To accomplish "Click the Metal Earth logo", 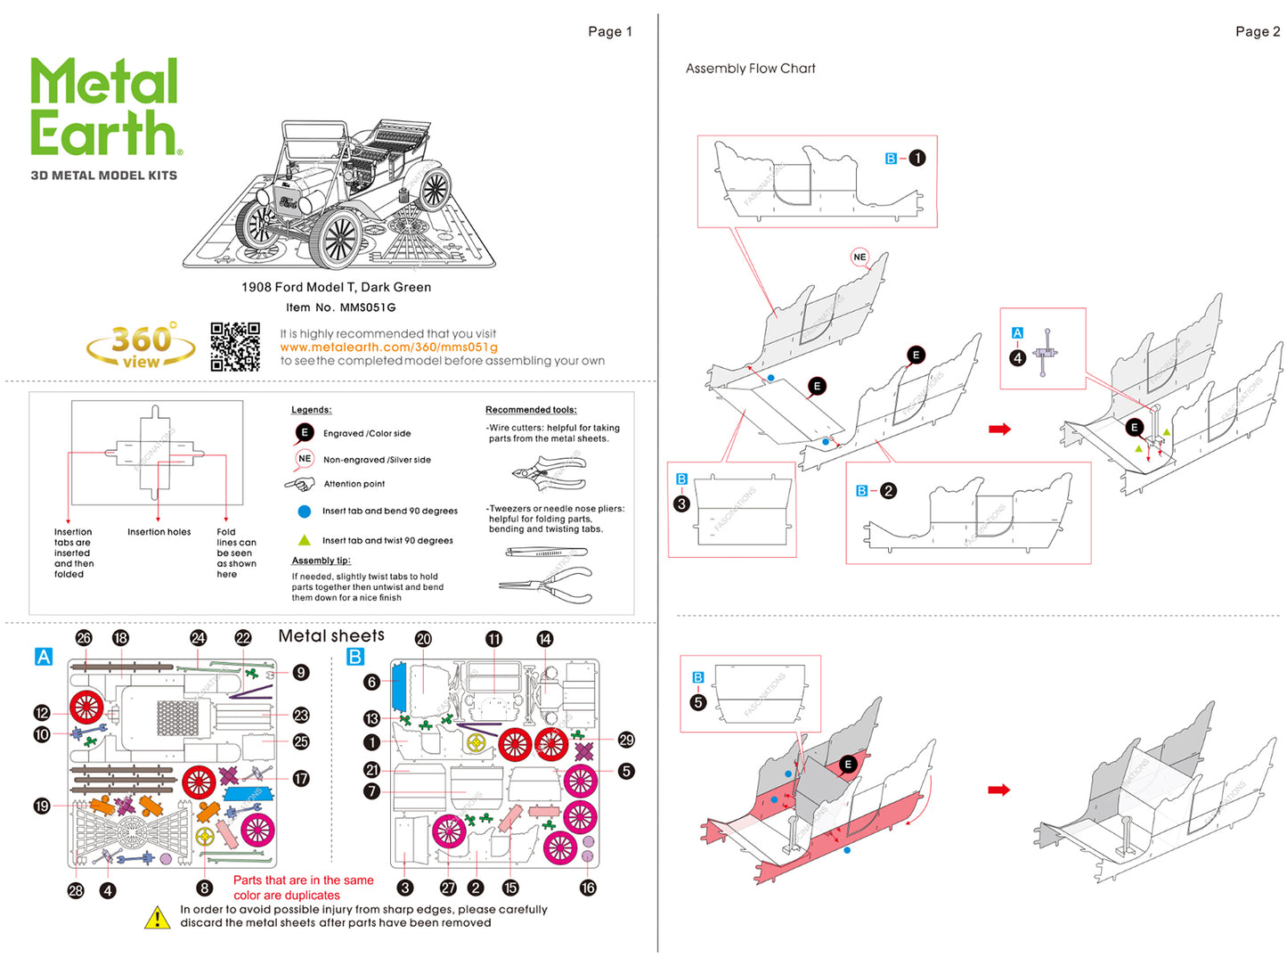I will (x=105, y=108).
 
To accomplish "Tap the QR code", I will (x=235, y=347).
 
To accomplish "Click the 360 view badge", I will (x=141, y=347).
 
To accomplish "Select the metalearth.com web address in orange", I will (x=388, y=347).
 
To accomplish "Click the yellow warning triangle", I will (x=158, y=918).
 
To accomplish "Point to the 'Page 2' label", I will (x=1257, y=32).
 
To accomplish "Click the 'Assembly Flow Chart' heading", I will (x=750, y=69).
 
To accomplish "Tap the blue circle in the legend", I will (x=304, y=512).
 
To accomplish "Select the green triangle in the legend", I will (x=304, y=540).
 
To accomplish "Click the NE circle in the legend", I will (x=305, y=459).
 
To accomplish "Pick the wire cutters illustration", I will (x=549, y=472).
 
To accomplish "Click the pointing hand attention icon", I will (x=300, y=484).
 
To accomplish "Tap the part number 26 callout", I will (x=84, y=638).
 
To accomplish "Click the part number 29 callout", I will (x=626, y=740).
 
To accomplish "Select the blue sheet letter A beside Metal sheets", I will (x=43, y=657).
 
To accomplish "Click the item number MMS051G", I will (x=367, y=307).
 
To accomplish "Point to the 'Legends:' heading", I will (x=311, y=410).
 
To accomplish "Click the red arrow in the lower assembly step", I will (x=999, y=790).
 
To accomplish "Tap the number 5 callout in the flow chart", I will (x=697, y=702).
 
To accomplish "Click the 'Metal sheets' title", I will (x=331, y=635).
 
